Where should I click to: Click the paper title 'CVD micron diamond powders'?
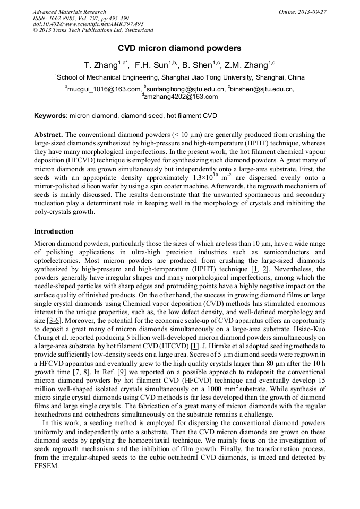[x=179, y=48]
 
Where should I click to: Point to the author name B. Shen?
[x=196, y=65]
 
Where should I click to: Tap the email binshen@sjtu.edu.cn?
[x=262, y=89]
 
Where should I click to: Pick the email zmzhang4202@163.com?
[x=181, y=97]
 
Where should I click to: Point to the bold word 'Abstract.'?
[x=48, y=135]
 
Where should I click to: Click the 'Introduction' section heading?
[x=54, y=231]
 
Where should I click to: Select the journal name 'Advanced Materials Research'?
[x=69, y=12]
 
